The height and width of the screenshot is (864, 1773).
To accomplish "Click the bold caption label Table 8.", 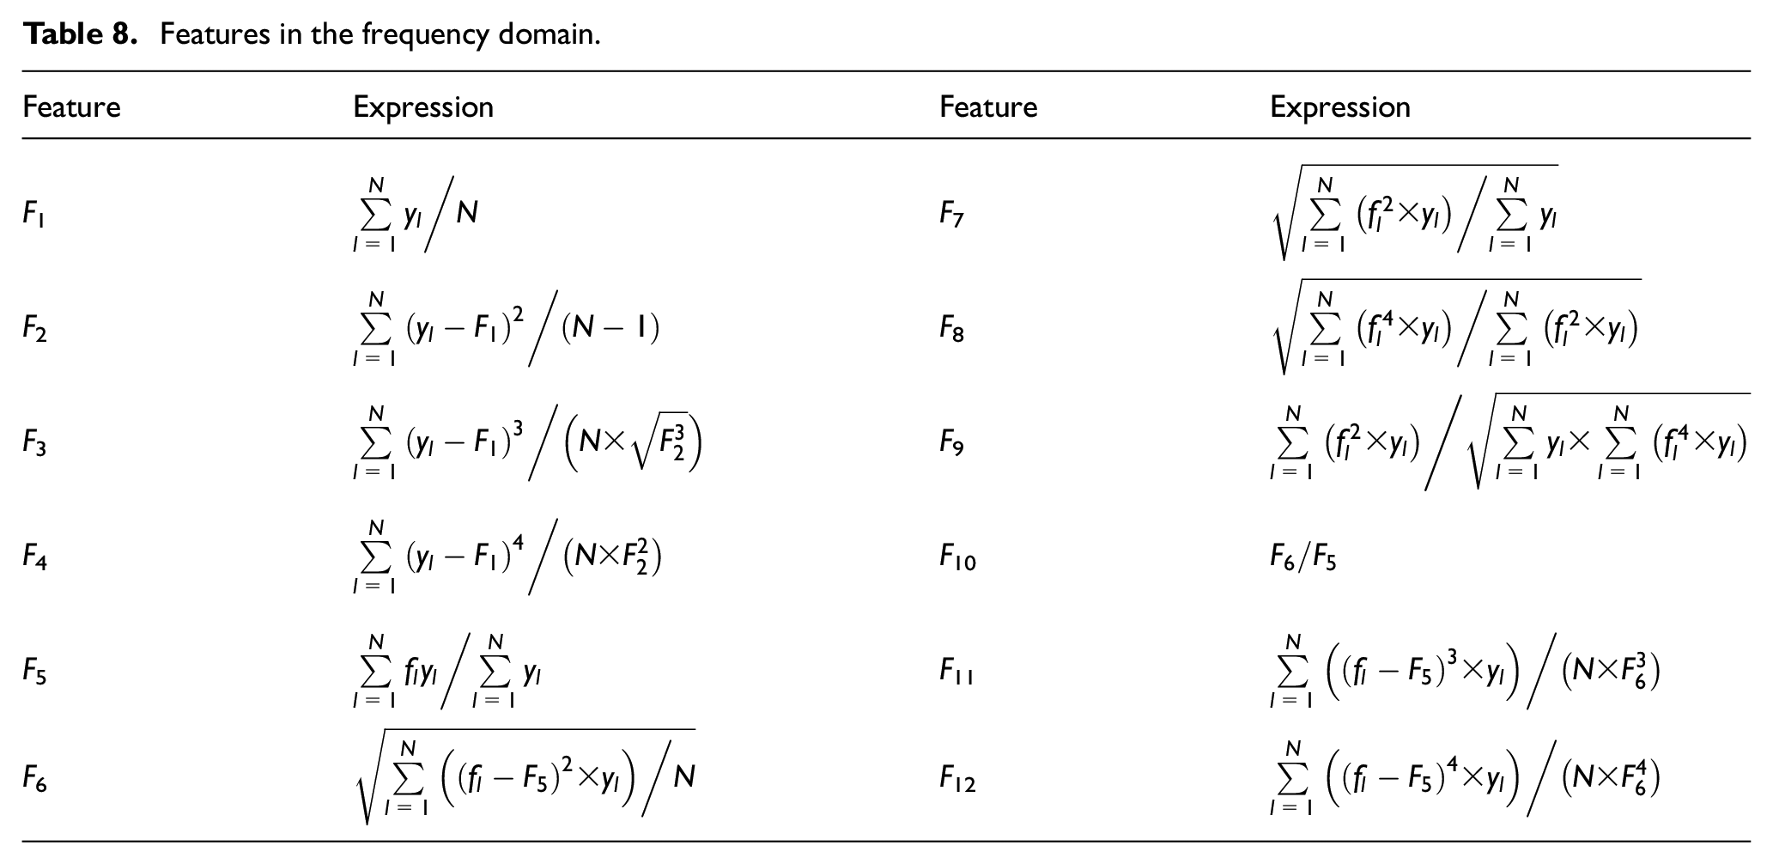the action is pos(80,34).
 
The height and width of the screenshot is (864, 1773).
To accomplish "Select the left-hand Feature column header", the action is pos(71,106).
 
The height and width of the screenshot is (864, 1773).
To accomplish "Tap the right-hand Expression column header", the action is pos(1339,106).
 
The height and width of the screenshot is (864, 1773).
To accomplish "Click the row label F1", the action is pos(33,214).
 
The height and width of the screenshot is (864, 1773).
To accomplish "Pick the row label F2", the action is pos(34,329).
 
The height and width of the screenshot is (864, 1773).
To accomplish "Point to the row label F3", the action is pos(34,444).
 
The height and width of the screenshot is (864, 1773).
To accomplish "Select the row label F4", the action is pos(34,559).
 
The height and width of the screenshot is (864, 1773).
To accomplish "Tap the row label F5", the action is pos(34,671).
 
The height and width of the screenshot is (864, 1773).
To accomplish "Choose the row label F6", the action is pos(34,780).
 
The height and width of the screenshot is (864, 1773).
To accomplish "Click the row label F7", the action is pos(951,214).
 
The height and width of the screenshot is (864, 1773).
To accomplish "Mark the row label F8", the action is pos(951,329).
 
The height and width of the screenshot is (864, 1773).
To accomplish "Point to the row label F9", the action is pos(951,444).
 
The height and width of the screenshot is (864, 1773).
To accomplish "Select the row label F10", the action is pos(957,559).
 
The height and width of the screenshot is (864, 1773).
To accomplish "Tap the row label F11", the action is pos(956,671).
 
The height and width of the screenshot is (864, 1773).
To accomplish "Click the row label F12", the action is pos(957,780).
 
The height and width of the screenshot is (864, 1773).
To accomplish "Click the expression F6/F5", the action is pos(1303,559).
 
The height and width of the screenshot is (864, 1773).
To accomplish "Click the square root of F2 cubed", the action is pos(660,445).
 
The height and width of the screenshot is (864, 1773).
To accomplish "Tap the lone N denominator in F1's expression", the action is pos(467,211).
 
